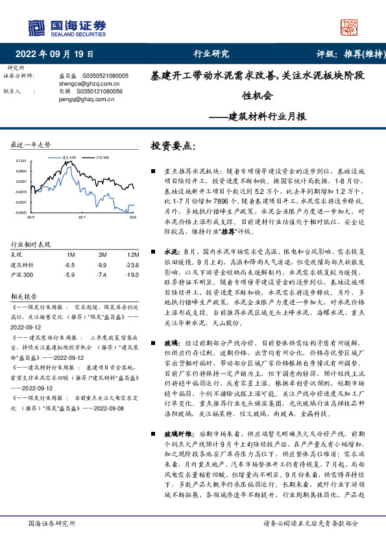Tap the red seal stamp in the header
[350, 28]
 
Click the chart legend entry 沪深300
[101, 158]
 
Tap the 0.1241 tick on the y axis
[21, 161]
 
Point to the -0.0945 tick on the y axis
[21, 212]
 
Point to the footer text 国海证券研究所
[52, 523]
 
